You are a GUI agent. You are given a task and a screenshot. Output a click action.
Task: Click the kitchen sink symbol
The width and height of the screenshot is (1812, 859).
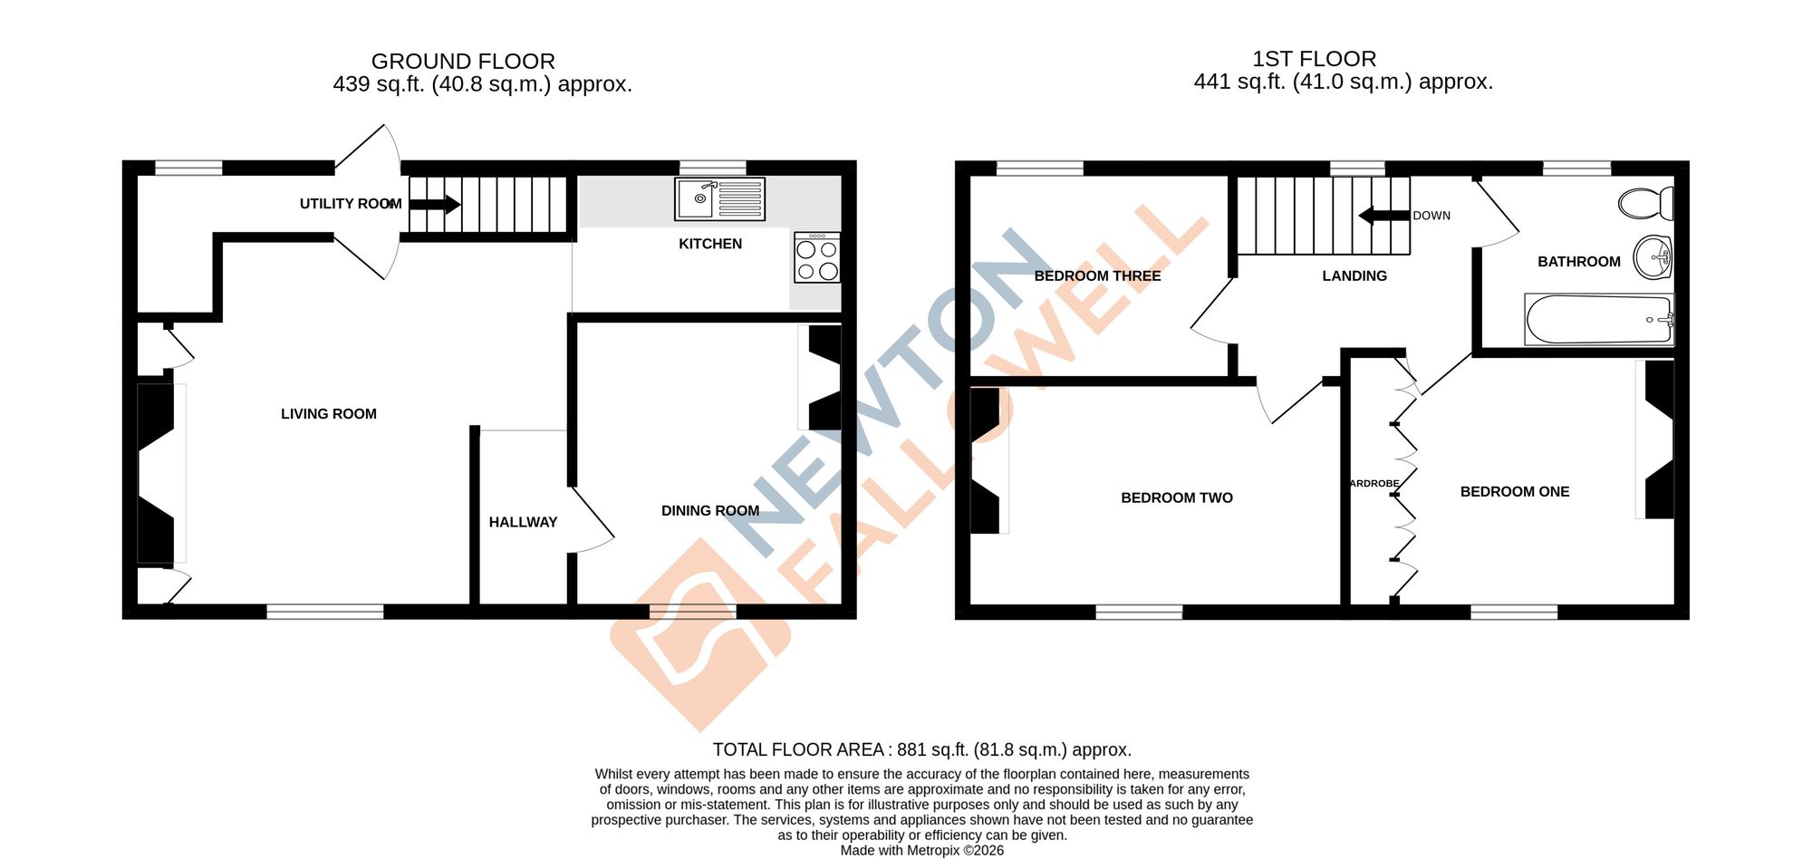tap(719, 199)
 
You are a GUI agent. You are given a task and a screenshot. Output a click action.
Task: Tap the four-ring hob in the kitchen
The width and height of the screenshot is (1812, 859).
tap(816, 259)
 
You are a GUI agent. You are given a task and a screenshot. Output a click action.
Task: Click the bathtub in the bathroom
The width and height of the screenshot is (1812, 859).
tap(1599, 319)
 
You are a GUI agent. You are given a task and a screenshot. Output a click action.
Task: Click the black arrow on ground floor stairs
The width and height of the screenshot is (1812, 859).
tap(435, 204)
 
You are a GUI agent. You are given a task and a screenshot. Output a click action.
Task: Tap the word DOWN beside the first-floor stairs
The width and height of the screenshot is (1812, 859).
tap(1431, 216)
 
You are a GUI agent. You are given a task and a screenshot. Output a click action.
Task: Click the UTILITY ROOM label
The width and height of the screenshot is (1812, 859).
tap(351, 204)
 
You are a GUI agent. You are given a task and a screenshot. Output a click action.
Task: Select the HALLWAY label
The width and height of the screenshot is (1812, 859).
tap(523, 522)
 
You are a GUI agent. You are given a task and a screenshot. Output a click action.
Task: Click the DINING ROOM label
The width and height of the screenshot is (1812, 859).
tap(710, 511)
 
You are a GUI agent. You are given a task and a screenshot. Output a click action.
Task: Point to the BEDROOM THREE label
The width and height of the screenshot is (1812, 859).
tap(1097, 275)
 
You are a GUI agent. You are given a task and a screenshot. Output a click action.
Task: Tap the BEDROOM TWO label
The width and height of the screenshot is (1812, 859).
tap(1177, 497)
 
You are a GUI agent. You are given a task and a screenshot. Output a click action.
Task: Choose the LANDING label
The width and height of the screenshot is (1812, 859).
tap(1354, 275)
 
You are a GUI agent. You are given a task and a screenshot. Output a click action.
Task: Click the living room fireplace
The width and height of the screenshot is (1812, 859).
tap(156, 473)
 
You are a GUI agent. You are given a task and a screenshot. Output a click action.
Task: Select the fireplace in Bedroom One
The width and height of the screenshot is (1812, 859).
tap(1659, 439)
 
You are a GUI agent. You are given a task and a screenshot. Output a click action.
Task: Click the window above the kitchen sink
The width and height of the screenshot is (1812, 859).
tap(712, 168)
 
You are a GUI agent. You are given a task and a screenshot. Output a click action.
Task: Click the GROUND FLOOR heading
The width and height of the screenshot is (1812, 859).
tap(463, 62)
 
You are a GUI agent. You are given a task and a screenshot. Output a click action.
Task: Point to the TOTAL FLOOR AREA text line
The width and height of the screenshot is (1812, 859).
tap(921, 749)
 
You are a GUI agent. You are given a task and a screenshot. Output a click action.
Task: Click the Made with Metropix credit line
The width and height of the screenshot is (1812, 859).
tap(921, 850)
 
